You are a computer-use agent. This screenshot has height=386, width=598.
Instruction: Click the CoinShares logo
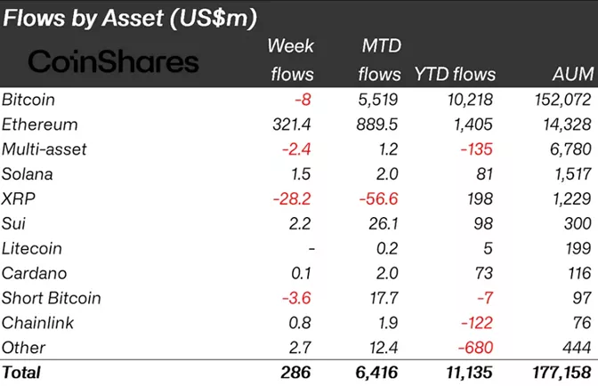114,61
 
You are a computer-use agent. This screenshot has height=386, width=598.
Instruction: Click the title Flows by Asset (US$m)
131,17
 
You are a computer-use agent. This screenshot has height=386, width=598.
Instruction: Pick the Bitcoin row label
32,100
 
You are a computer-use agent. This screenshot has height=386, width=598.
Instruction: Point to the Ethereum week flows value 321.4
290,125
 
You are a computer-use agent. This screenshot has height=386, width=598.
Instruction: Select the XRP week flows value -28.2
293,198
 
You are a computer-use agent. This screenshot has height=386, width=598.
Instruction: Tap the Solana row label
29,174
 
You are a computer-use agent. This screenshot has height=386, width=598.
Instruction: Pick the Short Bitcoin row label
52,298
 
